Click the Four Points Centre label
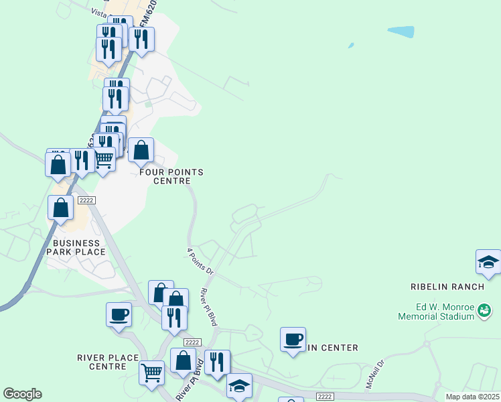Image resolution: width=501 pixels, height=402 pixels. point(171,176)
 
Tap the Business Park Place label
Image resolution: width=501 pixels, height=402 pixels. point(76,247)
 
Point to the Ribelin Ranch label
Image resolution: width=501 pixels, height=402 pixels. point(447,287)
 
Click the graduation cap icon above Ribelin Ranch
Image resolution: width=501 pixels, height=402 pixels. point(488,262)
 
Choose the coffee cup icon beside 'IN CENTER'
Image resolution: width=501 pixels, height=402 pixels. point(293,340)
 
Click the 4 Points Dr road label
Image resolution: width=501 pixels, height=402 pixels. point(200,262)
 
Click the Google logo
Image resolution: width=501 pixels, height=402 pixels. point(22,394)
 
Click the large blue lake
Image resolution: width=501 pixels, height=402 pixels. point(401,31)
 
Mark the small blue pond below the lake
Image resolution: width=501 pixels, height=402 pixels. point(350,46)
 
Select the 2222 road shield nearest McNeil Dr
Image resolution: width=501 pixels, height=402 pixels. point(326,397)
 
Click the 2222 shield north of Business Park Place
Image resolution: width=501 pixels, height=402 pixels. point(86,200)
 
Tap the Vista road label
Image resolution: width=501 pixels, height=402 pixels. point(98,13)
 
